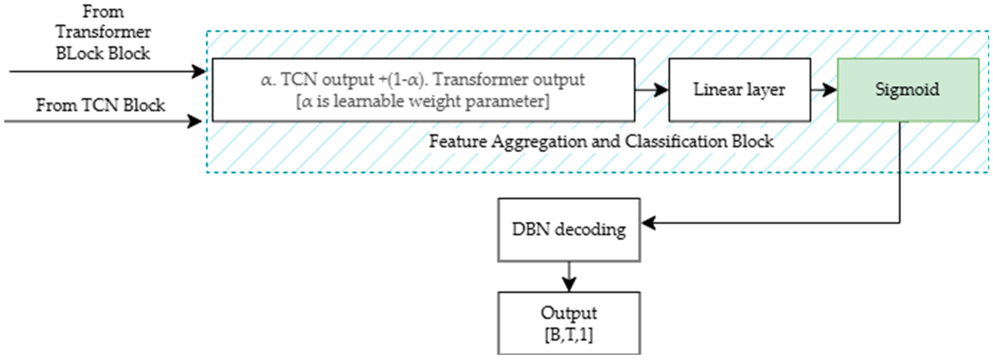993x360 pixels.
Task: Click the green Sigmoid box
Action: point(908,90)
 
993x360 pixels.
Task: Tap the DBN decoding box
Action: point(569,230)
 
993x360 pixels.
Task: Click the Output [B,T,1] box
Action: point(569,323)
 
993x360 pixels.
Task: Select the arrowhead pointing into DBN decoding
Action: point(648,223)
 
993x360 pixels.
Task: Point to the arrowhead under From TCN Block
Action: point(194,121)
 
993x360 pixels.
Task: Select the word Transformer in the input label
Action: point(103,32)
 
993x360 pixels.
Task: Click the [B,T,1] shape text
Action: point(569,335)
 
